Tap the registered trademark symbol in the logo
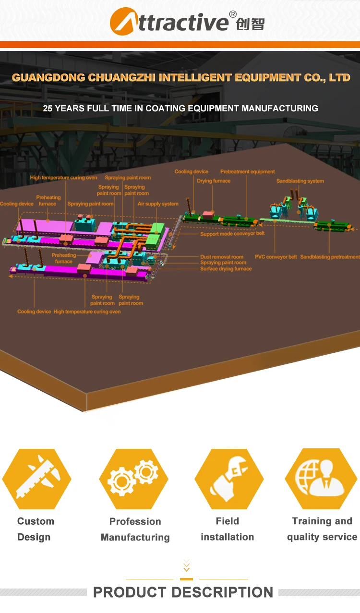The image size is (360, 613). [233, 14]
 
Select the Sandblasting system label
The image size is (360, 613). [300, 181]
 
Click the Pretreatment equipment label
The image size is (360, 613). [248, 171]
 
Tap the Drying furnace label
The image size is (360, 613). [214, 181]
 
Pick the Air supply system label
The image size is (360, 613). [158, 204]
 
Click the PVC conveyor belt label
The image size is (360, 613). [276, 257]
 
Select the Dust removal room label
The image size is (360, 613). [222, 257]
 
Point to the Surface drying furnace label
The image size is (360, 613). [226, 269]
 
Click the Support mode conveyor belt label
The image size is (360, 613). [232, 234]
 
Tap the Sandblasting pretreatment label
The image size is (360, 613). [330, 257]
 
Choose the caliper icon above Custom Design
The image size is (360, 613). [37, 479]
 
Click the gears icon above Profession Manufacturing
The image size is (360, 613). [133, 479]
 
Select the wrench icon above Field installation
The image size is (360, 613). [228, 479]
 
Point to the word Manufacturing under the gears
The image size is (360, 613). [135, 537]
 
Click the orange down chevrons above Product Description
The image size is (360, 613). [186, 566]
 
